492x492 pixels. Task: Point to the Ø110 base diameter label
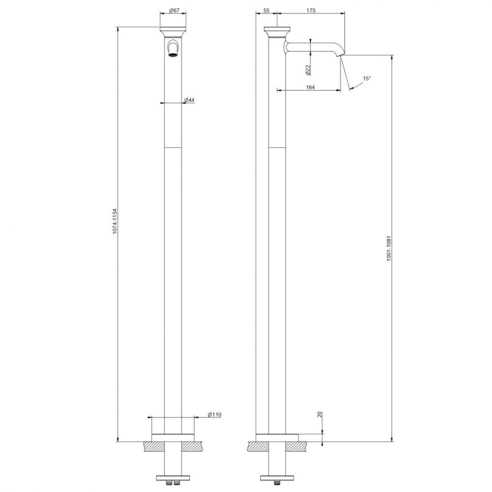click(x=215, y=415)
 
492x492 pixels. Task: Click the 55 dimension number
click(x=266, y=10)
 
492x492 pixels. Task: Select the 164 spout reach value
click(x=309, y=87)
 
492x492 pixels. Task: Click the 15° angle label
click(x=366, y=79)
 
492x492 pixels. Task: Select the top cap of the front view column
click(x=173, y=31)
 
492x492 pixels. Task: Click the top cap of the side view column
click(x=277, y=31)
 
